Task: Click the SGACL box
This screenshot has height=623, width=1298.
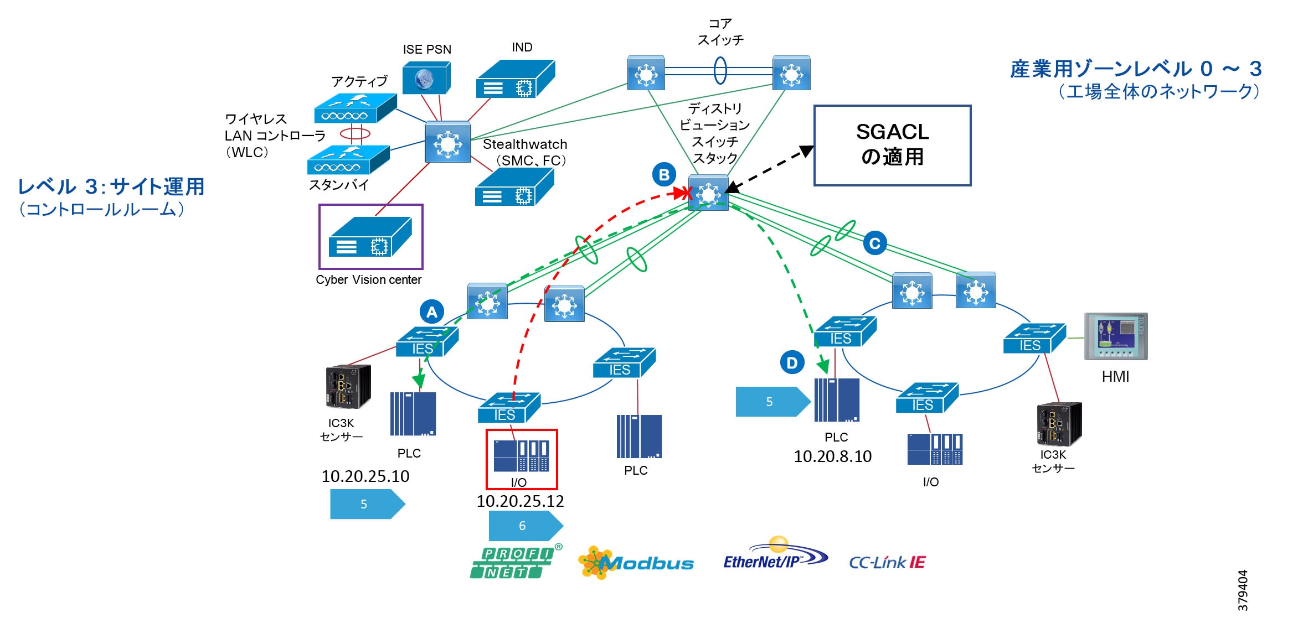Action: (892, 145)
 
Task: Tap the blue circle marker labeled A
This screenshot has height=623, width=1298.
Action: (431, 312)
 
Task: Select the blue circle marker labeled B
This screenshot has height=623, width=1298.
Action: (664, 175)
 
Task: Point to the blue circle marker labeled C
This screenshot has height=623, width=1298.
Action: (874, 243)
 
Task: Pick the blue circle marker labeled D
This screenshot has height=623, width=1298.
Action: (792, 363)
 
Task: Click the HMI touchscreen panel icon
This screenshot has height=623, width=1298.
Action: (1115, 336)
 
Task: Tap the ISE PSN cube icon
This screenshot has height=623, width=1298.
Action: (426, 78)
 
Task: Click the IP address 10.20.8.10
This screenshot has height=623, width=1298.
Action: (832, 456)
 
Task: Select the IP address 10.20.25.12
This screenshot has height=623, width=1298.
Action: (520, 501)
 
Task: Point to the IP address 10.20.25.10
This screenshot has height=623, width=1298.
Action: (365, 476)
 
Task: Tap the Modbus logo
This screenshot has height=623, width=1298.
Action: (635, 563)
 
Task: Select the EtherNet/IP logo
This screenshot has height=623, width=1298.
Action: (774, 555)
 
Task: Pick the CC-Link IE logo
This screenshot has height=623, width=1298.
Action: (887, 563)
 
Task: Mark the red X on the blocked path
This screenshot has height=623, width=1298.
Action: (687, 193)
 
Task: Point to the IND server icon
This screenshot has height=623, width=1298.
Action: (515, 79)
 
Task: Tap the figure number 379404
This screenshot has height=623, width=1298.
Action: (1243, 590)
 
